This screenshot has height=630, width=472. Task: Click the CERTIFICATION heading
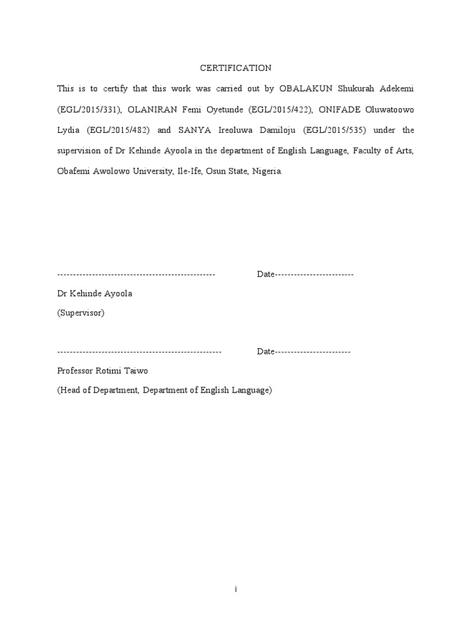click(236, 68)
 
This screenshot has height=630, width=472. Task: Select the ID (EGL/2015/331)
click(91, 110)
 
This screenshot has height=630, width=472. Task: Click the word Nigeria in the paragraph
click(266, 172)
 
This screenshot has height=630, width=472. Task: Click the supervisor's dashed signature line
click(136, 274)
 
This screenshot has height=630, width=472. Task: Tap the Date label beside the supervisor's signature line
click(265, 274)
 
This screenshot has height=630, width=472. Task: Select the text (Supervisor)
click(81, 313)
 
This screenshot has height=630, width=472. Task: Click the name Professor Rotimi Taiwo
click(103, 371)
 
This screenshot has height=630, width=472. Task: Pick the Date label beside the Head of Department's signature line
click(265, 351)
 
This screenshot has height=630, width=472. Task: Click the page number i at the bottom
click(236, 589)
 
